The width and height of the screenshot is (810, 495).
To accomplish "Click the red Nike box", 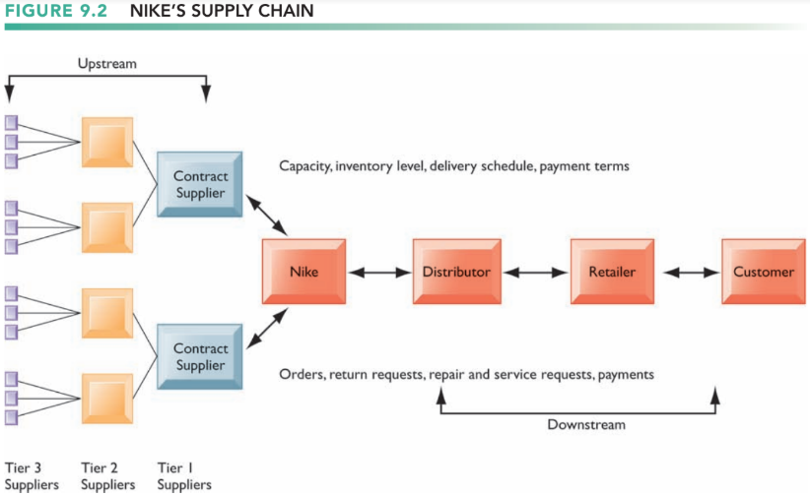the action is point(304,272).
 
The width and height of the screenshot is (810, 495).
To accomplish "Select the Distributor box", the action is point(456,272).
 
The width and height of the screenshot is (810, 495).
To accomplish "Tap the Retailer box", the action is point(612,272).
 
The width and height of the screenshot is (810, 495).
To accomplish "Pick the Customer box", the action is point(764,272).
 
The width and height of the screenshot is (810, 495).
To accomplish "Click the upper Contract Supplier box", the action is point(199,184).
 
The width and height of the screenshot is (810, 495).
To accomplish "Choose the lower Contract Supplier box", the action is point(199,356).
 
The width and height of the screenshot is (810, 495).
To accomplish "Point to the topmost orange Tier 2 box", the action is point(107,142).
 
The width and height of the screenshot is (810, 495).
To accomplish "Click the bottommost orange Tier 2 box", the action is point(107,399).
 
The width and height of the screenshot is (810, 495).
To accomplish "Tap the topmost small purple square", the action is point(12,122).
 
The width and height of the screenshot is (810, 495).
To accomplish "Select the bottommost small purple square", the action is point(12,417).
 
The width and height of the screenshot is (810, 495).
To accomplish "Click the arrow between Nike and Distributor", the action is point(379,272).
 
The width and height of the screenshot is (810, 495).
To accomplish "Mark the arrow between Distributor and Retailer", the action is point(536,272).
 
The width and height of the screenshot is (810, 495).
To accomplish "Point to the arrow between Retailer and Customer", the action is point(691,272).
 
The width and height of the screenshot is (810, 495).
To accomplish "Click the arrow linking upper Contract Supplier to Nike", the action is point(267,216).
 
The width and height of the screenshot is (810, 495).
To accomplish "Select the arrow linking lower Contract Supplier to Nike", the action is point(267,329).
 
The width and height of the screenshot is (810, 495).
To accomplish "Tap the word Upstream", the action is point(107,64).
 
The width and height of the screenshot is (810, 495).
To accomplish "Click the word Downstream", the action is point(586,425).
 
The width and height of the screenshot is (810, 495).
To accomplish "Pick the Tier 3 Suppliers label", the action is point(32,476).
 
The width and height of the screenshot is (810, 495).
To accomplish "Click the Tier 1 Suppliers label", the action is point(184,476).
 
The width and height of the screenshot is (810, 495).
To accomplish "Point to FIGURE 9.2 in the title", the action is point(56,10).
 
